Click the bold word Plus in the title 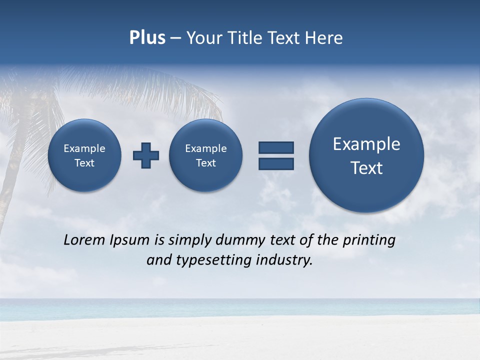click(147, 38)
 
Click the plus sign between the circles click(146, 155)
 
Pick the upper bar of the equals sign click(276, 147)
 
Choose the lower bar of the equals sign click(276, 164)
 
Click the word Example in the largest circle click(366, 144)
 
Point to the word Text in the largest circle click(366, 168)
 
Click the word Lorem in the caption click(84, 240)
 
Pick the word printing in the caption click(368, 240)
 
